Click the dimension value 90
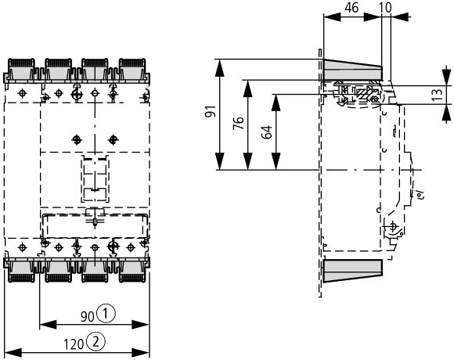pos(88,316)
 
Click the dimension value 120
pos(74,344)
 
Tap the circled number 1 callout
pos(106,314)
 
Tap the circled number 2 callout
pos(95,342)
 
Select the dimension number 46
pos(351,8)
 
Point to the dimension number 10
pos(385,8)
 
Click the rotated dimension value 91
pos(211,111)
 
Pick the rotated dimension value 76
pos(239,123)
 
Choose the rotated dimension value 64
pos(267,131)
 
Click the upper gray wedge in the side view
pos(352,70)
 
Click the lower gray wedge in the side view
pos(352,271)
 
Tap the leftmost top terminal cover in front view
pos(21,70)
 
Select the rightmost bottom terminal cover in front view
pos(132,271)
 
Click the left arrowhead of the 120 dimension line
pos(13,353)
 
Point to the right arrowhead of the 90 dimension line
pos(141,325)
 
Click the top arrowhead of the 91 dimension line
pos(220,68)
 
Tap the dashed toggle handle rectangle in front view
pos(95,179)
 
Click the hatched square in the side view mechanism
pos(362,93)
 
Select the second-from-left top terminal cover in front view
pos(58,70)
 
